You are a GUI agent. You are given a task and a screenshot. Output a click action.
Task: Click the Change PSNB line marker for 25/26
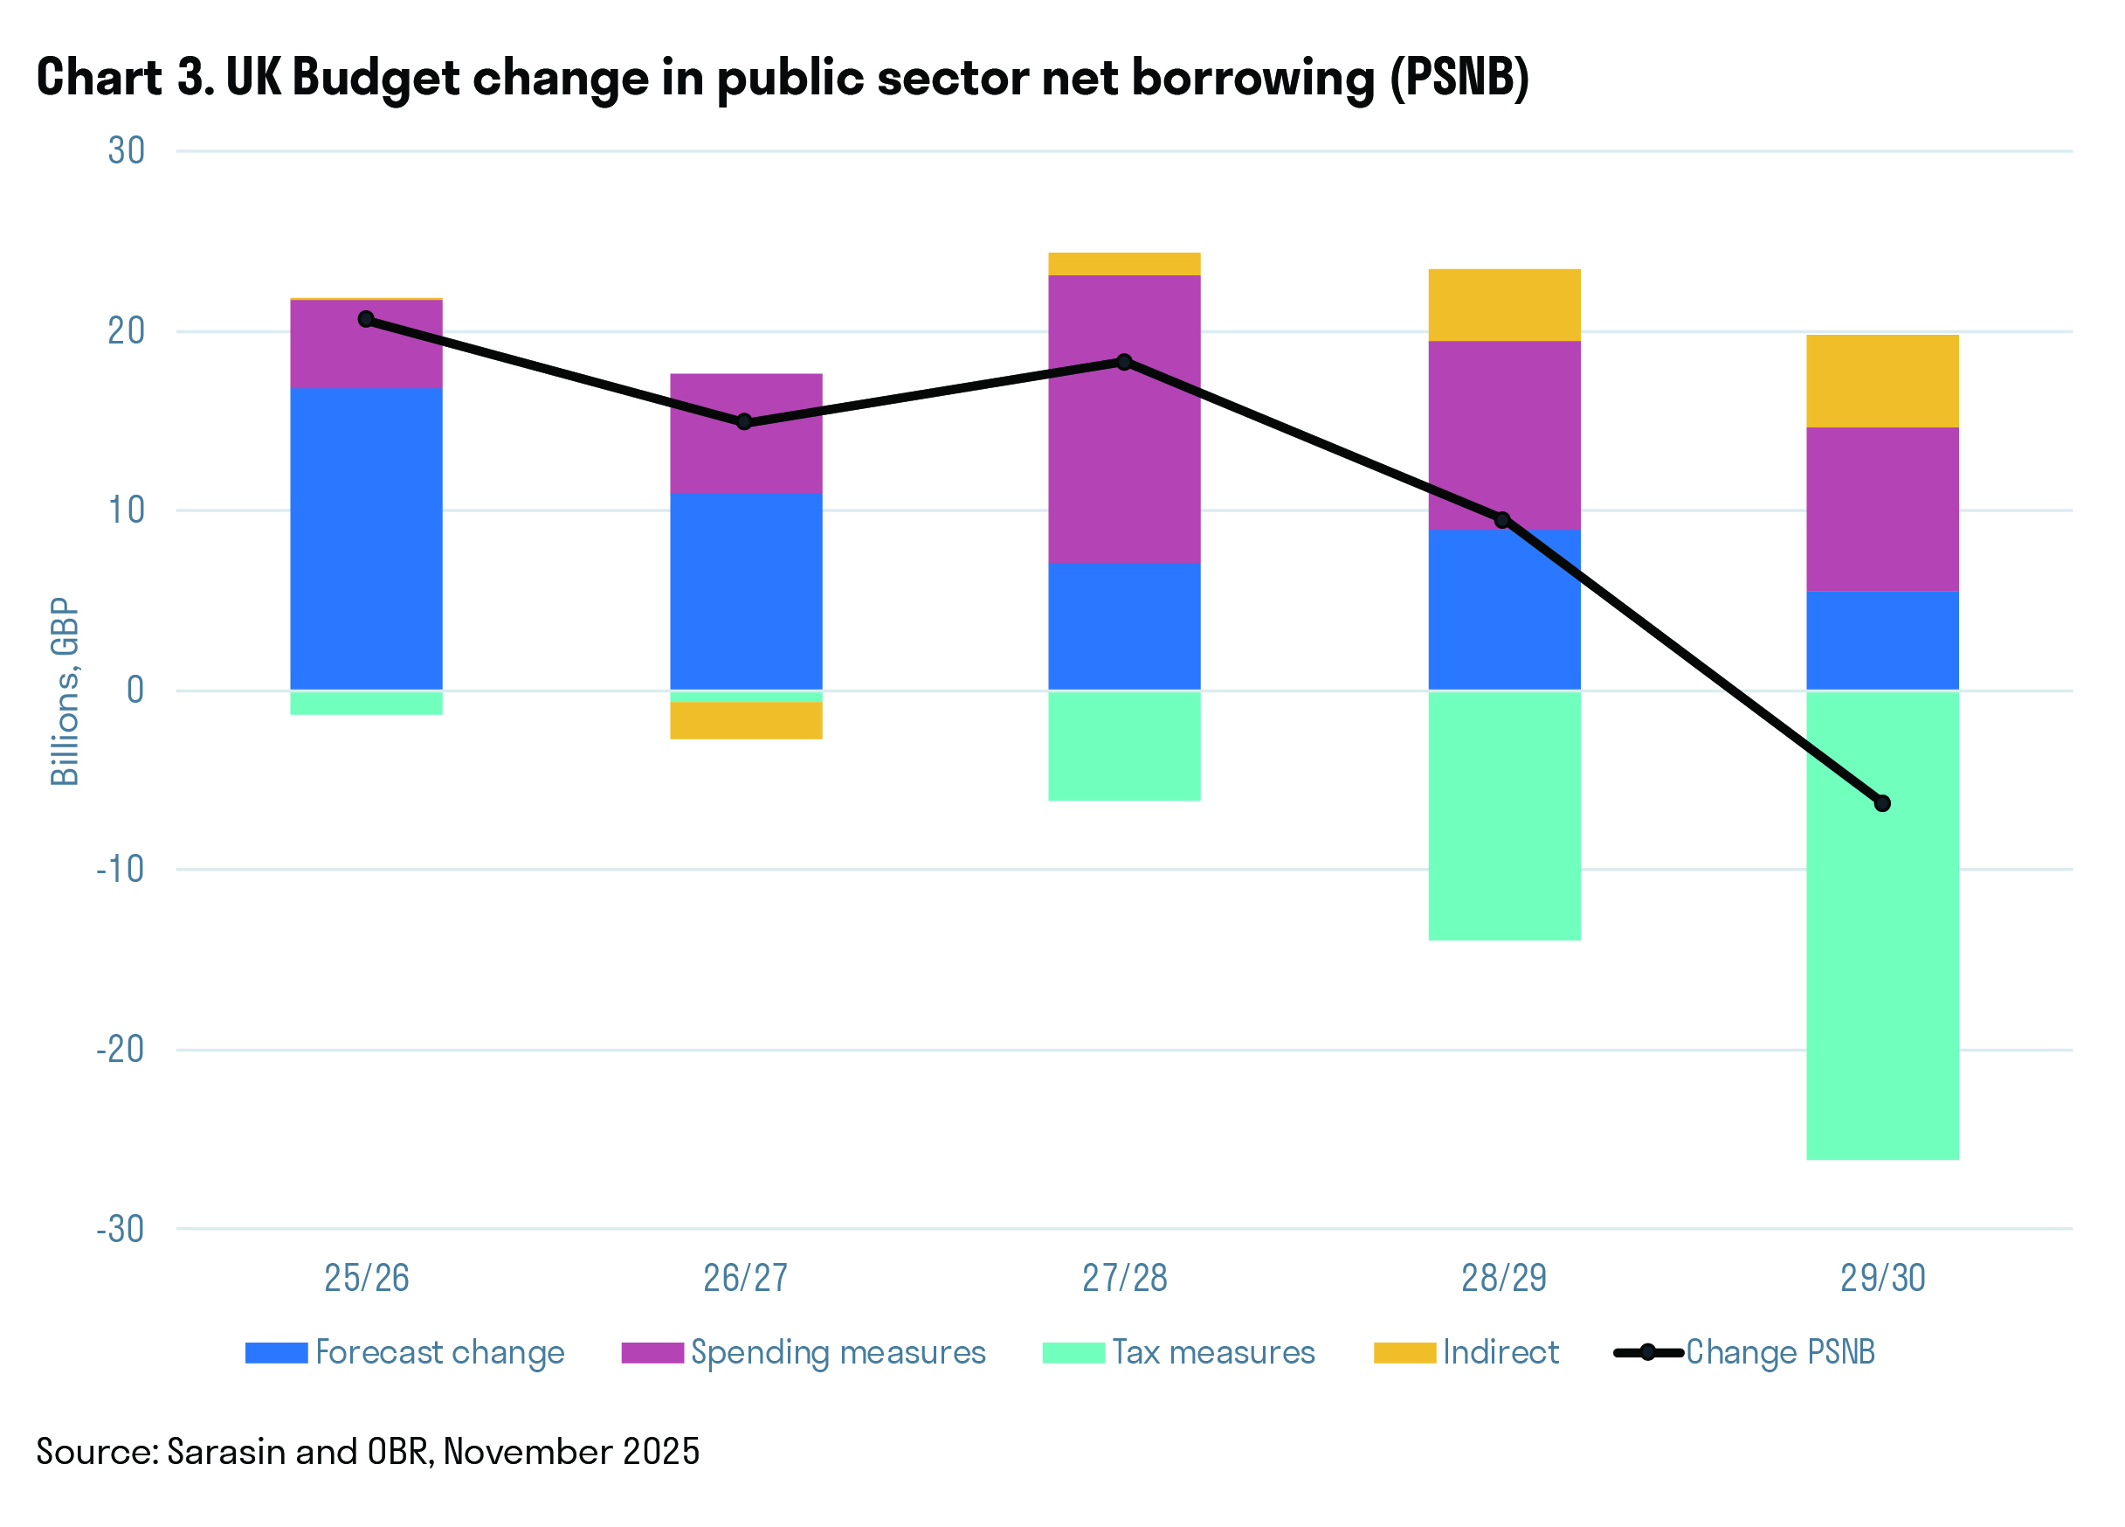[366, 320]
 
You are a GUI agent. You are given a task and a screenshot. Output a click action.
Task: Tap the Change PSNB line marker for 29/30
[1882, 803]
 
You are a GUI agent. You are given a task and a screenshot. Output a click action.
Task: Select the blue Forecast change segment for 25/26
[366, 539]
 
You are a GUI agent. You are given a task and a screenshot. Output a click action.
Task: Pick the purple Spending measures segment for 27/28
[1124, 419]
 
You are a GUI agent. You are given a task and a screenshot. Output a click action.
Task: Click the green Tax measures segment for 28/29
[1504, 816]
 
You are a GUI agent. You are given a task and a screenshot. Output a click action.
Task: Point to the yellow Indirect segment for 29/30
[1882, 381]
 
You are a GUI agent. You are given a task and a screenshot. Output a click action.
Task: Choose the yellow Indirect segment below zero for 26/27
[746, 721]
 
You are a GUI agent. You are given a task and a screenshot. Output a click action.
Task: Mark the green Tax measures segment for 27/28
[1124, 746]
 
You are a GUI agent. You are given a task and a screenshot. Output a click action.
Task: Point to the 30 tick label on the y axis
[127, 151]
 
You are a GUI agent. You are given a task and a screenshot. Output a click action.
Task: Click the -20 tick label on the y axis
[121, 1049]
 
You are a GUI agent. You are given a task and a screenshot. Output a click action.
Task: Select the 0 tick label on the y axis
[136, 690]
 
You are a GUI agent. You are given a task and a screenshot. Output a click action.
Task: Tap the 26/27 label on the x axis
[746, 1279]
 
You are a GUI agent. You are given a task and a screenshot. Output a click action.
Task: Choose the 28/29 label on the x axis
[1504, 1279]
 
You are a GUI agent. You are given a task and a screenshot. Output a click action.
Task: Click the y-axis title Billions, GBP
[65, 691]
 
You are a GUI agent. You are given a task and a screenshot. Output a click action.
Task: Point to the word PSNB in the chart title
[1459, 78]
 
